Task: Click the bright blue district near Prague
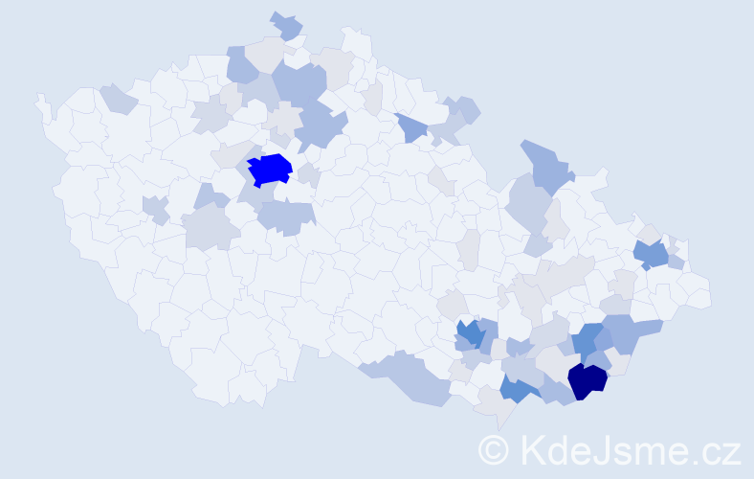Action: [x=270, y=170]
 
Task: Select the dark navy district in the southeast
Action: [x=587, y=379]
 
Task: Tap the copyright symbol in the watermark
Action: [x=495, y=449]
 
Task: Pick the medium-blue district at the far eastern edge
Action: [x=652, y=254]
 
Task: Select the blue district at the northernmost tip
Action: [x=286, y=25]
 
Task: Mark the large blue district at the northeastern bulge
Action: [x=546, y=164]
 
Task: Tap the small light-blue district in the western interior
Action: [x=155, y=209]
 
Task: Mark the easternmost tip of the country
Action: [x=710, y=292]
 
